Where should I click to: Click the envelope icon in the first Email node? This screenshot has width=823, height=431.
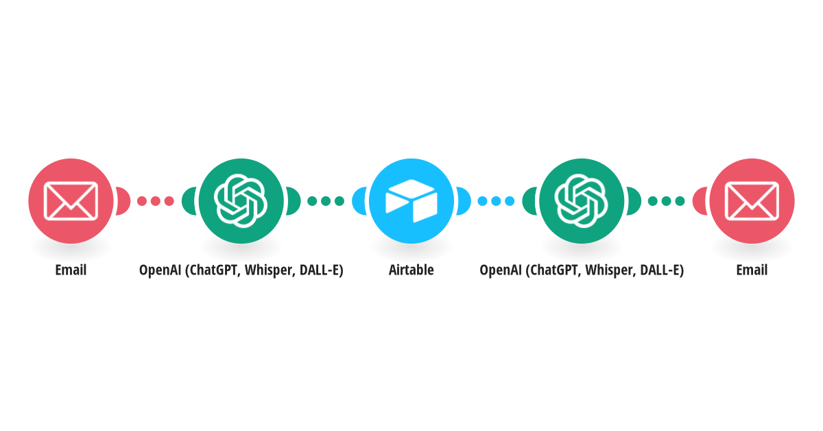(71, 201)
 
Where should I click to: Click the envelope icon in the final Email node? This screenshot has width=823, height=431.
(752, 201)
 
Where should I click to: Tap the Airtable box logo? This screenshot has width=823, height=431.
(411, 201)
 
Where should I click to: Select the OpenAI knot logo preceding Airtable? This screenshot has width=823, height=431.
(241, 201)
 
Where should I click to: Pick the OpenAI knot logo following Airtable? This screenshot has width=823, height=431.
(582, 201)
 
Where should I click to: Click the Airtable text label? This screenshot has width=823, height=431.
(411, 270)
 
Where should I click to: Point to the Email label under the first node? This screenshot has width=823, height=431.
(71, 270)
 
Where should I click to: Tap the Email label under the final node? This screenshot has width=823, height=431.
(752, 270)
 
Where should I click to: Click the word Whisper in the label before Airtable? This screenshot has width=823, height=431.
(270, 270)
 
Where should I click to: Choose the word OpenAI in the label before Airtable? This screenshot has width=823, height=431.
(160, 270)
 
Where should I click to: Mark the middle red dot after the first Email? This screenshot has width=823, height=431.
(156, 201)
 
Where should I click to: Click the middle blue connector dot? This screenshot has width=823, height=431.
(496, 201)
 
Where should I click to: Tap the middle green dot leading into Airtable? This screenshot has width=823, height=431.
(326, 201)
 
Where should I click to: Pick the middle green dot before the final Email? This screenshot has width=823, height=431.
(666, 201)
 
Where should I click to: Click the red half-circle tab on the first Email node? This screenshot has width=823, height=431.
(123, 201)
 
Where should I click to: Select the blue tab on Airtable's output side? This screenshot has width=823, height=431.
(464, 201)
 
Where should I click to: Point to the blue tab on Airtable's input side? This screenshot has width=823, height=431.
(359, 201)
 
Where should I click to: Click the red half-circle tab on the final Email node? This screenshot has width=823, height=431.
(700, 201)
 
